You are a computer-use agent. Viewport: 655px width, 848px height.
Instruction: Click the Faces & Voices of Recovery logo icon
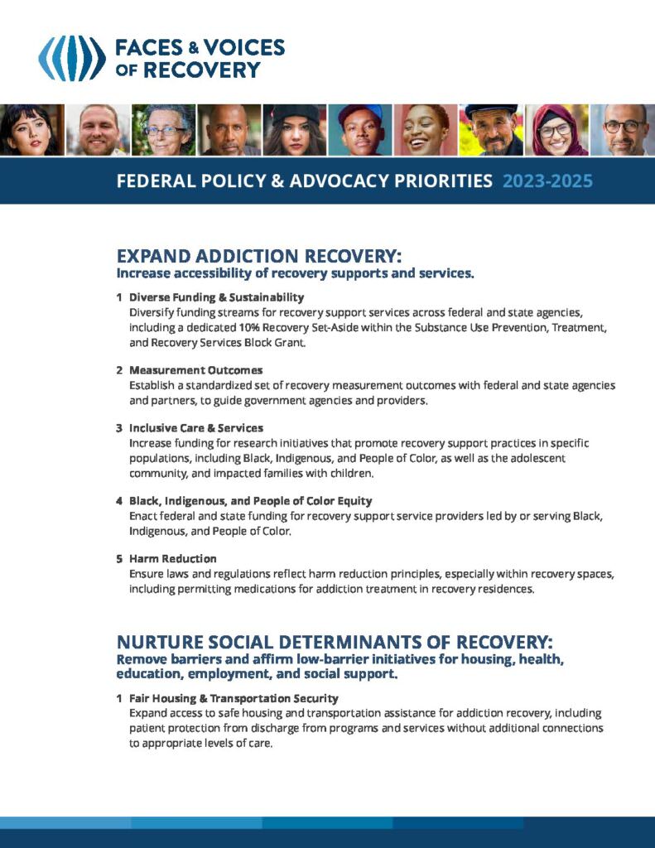pos(73,58)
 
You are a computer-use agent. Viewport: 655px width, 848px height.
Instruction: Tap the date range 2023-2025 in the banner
pos(547,181)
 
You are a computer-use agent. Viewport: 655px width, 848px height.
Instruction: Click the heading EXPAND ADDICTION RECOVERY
pos(259,256)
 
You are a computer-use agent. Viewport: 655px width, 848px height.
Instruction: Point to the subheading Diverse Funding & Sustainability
pos(216,297)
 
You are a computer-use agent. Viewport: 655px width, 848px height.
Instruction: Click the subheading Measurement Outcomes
pos(195,370)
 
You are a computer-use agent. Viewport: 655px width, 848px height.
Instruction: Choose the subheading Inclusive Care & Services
pos(196,428)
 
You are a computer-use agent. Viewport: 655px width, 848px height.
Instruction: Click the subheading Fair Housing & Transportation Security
pos(234,698)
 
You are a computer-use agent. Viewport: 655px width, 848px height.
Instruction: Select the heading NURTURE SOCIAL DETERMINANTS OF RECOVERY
pos(335,643)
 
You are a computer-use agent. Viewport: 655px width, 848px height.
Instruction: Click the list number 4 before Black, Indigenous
pos(119,501)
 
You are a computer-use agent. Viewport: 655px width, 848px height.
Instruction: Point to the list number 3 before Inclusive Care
pos(119,428)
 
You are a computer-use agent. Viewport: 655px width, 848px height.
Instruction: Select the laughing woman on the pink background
pos(426,130)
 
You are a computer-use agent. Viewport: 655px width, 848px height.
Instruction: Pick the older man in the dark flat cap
pos(491,130)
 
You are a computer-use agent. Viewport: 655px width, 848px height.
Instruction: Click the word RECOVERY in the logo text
pos(202,70)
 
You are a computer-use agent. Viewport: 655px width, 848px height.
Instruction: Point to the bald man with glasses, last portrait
pos(623,130)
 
